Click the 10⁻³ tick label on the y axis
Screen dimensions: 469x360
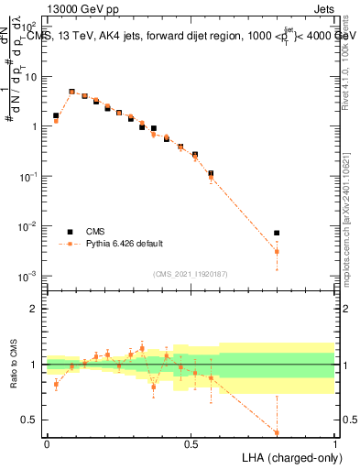pyautogui.click(x=31, y=276)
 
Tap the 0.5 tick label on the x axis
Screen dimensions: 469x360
pyautogui.click(x=191, y=442)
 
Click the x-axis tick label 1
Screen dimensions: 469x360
pyautogui.click(x=334, y=442)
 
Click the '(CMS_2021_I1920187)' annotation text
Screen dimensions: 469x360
pyautogui.click(x=191, y=274)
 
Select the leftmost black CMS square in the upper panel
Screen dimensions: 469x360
pyautogui.click(x=56, y=116)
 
